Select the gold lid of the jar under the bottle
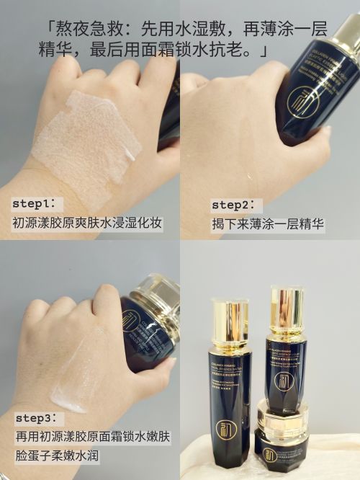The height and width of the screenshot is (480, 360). pyautogui.click(x=282, y=417)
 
